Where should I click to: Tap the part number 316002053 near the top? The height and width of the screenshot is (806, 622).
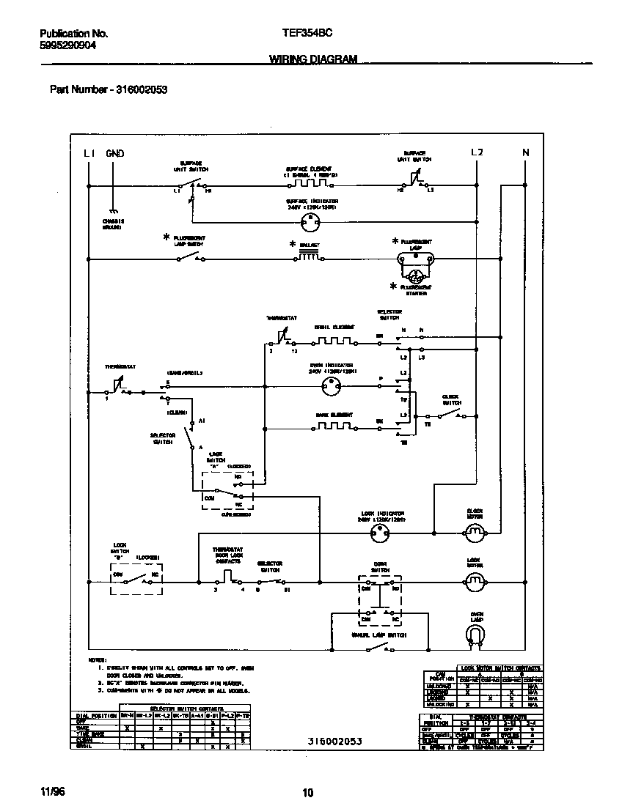coord(142,90)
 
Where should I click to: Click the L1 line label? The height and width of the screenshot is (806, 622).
coord(89,153)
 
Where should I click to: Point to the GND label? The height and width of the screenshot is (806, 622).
coord(115,153)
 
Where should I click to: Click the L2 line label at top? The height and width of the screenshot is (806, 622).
coord(477,152)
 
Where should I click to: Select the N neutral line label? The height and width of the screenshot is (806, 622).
coord(525,152)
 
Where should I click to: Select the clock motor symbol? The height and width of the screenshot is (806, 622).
coord(475,531)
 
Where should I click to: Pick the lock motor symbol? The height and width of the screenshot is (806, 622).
coord(475,582)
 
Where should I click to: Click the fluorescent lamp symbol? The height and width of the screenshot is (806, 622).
coord(416,258)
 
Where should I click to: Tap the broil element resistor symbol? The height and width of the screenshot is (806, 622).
coord(334,341)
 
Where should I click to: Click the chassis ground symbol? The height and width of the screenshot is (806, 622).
coord(112,211)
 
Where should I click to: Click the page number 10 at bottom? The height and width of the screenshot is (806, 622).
coord(308,792)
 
